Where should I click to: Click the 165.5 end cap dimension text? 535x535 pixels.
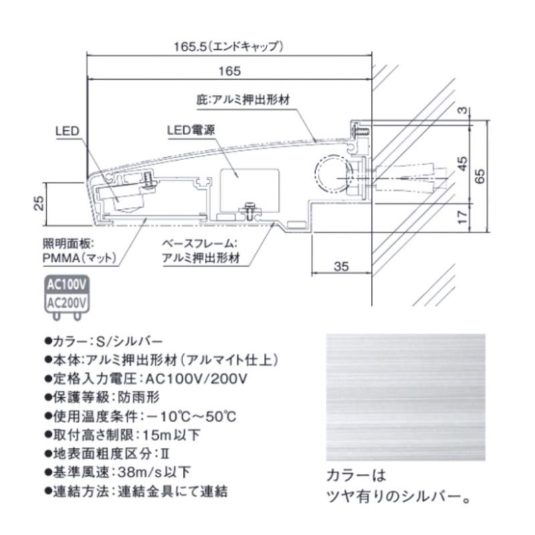pyautogui.click(x=229, y=47)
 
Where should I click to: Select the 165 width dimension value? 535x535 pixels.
pyautogui.click(x=229, y=70)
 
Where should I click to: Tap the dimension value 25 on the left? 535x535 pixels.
pyautogui.click(x=39, y=201)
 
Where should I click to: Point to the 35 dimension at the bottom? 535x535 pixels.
pyautogui.click(x=341, y=266)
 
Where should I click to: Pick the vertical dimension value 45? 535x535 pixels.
pyautogui.click(x=461, y=163)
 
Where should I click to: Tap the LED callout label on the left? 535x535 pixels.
pyautogui.click(x=68, y=131)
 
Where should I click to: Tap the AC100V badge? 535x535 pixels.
pyautogui.click(x=66, y=284)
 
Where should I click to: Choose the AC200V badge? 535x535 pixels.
pyautogui.click(x=66, y=302)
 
